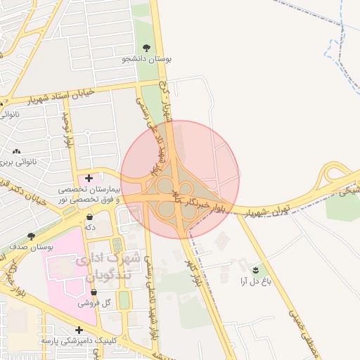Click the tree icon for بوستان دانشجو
pos(146,48)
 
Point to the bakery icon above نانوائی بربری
pos(17,151)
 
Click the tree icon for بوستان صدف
pos(30,236)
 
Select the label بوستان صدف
pos(30,248)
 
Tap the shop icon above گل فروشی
pos(94,292)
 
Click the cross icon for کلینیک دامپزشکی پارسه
pos(79,329)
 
